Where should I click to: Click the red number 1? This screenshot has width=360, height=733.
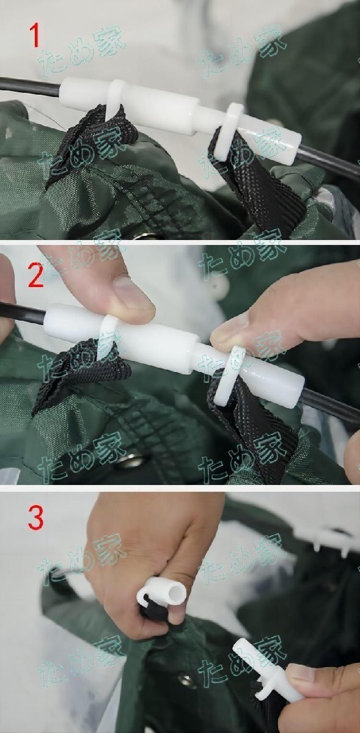[34, 36]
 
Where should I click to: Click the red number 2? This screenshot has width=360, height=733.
[35, 275]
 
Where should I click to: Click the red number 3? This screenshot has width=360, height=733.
[35, 518]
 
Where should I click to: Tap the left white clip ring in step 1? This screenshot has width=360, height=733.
[115, 98]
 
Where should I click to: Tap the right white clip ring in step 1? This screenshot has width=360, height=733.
[229, 129]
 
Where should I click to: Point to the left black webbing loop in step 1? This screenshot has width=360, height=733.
[92, 140]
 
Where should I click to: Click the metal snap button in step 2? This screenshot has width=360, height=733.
[131, 461]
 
